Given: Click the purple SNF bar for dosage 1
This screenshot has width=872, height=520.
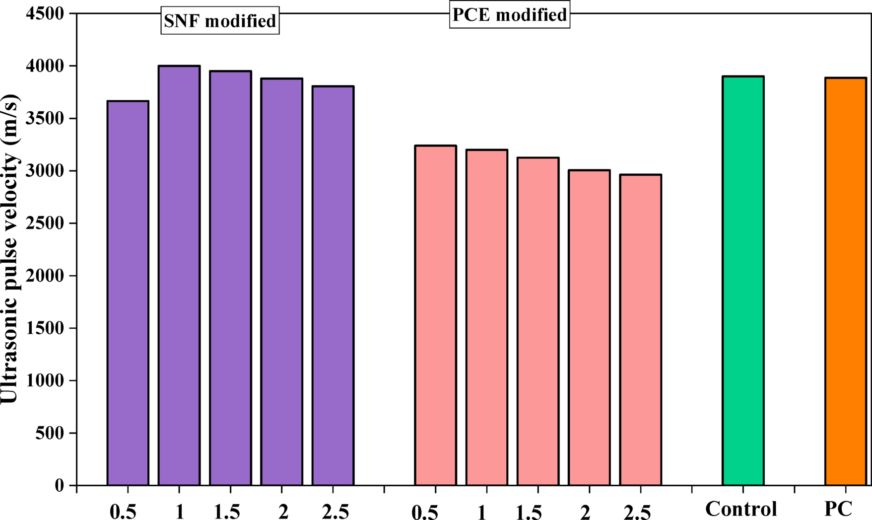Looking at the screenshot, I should point(179,276).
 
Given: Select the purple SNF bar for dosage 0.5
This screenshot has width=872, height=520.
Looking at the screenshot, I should point(128,293).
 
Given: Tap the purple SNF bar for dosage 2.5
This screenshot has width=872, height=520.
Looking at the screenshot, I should point(333,286).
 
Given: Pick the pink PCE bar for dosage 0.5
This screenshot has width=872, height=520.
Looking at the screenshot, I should point(436,315).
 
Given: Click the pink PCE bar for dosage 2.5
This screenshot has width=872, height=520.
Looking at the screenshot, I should point(641,330).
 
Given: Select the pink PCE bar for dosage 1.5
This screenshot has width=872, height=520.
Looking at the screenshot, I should point(538,321).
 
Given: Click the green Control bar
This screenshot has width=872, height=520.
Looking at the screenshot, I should point(743,281).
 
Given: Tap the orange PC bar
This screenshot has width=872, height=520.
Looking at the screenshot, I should point(846,282).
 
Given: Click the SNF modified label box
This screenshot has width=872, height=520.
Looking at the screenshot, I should point(220,21).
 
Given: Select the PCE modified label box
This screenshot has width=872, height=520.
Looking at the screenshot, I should point(510,15).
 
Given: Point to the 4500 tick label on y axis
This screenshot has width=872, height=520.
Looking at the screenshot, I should point(45,14).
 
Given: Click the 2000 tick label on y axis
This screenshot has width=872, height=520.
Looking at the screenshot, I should point(45,276).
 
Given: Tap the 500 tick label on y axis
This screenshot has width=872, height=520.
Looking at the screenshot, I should point(50,433).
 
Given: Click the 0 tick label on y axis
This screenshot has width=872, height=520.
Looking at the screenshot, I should point(59,485).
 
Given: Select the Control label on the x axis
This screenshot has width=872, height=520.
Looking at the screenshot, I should point(741,509).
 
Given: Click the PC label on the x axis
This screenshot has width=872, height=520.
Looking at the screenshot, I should point(838,509).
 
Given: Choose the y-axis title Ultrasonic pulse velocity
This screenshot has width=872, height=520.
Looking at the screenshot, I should point(10,248).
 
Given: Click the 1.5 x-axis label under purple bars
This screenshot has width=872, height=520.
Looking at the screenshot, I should point(227,512).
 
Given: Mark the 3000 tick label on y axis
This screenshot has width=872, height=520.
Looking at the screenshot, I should point(45,171).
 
